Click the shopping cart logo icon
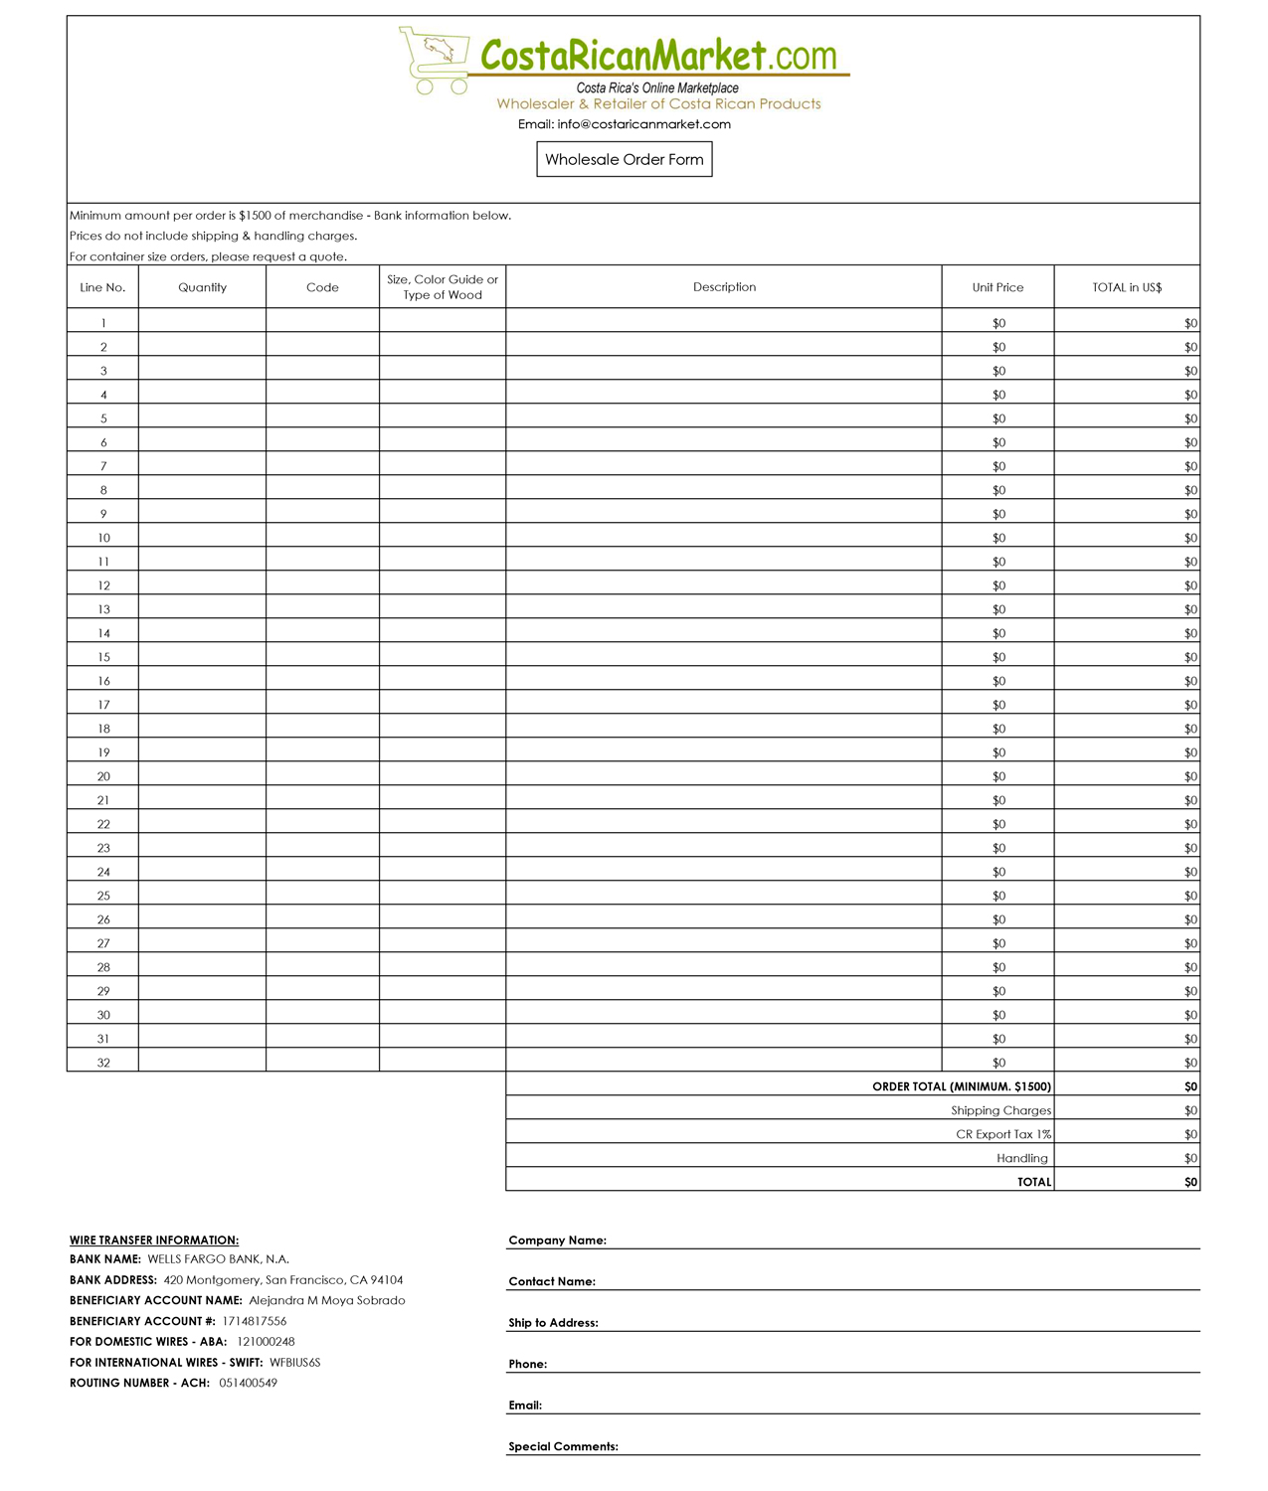[x=434, y=60]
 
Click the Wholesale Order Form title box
[x=624, y=159]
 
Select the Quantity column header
[x=202, y=287]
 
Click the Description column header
[x=724, y=287]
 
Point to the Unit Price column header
[x=997, y=287]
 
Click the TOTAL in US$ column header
[x=1127, y=287]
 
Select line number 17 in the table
[x=103, y=705]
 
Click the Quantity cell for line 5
[x=202, y=418]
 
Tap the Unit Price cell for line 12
[x=998, y=585]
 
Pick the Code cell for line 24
[x=322, y=872]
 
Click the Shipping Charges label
[x=1000, y=1110]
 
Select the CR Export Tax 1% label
[x=1003, y=1134]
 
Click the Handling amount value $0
[x=1190, y=1158]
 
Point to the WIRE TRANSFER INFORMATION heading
[x=154, y=1240]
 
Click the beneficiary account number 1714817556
[x=254, y=1321]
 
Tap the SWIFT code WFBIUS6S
[x=294, y=1363]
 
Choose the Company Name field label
[x=557, y=1241]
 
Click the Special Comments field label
[x=563, y=1446]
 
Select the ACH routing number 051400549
[x=248, y=1383]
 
